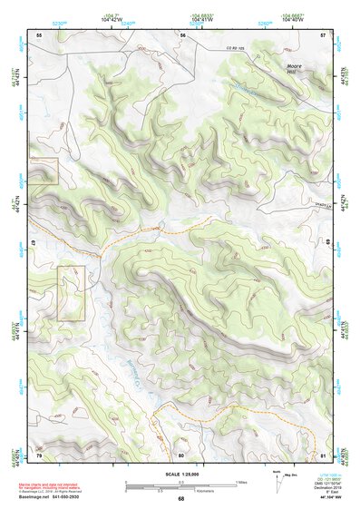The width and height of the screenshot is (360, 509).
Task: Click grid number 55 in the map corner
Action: pos(39,35)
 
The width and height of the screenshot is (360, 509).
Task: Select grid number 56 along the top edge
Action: pos(182,35)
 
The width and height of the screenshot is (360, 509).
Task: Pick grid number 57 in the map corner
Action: pos(323,35)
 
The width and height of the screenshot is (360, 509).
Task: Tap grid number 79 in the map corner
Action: pos(38,454)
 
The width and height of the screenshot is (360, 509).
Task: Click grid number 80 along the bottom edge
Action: pos(181,454)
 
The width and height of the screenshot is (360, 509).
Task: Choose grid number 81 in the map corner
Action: pos(323,454)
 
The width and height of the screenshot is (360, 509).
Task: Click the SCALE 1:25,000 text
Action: pos(180,475)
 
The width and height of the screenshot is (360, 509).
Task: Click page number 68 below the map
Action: pos(180,499)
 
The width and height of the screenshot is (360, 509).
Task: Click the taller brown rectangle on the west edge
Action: pos(71,293)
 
